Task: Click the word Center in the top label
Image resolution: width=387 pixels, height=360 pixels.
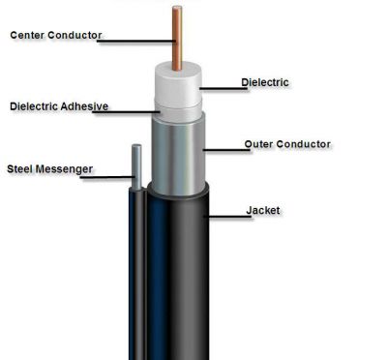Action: coord(27,35)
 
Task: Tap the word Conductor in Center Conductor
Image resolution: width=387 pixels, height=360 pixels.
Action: coord(74,35)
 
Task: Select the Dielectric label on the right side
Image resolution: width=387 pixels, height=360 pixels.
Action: coord(265,82)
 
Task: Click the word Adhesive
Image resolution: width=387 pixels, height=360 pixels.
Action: coord(84,106)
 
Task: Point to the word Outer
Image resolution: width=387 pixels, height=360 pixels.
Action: coord(259,144)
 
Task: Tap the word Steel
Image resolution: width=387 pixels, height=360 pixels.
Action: coord(20,168)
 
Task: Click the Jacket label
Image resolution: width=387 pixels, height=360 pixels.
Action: coord(263,210)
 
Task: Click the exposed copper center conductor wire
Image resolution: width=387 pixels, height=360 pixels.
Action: coord(177,38)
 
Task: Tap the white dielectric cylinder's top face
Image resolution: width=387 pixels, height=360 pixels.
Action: coord(178,70)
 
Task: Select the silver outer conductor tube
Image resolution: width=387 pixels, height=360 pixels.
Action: coord(178,155)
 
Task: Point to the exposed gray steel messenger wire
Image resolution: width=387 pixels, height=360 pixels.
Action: coord(136,167)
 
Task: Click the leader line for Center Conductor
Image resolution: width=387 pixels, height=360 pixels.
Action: coord(136,41)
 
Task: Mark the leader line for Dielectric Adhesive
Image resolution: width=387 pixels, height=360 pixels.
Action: coord(127,112)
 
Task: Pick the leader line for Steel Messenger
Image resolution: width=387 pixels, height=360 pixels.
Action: coord(107,177)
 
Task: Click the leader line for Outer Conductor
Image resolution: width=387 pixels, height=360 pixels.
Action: coord(226,150)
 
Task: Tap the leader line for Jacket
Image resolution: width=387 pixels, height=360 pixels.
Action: coord(227,216)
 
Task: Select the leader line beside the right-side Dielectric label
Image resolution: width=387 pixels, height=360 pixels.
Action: coord(223,88)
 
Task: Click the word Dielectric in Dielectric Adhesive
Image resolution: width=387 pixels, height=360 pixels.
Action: coord(34,106)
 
